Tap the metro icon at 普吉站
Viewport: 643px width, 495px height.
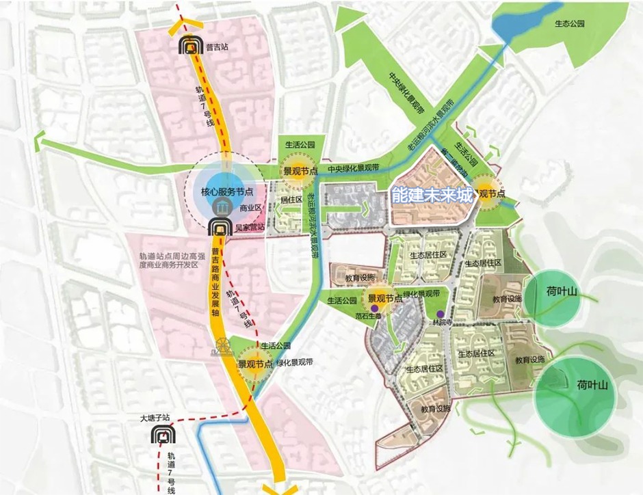(x=189, y=46)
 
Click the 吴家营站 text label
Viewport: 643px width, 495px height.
(x=249, y=226)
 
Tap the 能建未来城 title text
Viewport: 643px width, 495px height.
(x=432, y=196)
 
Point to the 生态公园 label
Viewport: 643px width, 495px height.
(x=570, y=23)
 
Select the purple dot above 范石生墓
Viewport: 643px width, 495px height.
(x=374, y=308)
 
